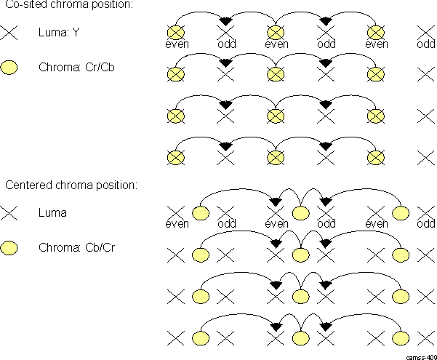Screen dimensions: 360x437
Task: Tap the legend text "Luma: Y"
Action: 60,32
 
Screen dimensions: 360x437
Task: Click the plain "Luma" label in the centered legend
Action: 52,213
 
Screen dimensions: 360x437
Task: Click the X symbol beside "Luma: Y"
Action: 9,33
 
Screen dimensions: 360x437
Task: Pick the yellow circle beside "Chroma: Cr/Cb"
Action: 9,68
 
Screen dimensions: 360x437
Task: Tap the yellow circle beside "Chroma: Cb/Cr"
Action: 9,249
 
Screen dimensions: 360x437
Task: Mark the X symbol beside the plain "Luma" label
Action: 9,214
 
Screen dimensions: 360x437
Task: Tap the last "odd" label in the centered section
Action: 426,223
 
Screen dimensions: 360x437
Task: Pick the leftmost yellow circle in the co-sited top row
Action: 175,32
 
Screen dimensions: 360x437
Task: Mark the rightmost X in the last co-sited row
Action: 426,157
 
